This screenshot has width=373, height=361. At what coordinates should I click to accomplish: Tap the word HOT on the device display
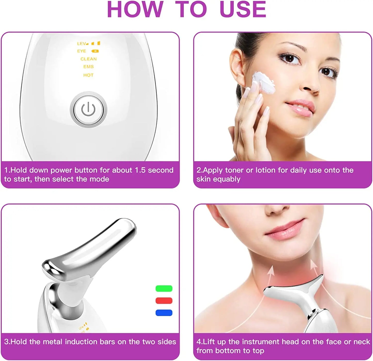pyautogui.click(x=88, y=75)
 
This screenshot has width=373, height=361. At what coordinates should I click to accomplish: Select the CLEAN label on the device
pyautogui.click(x=89, y=59)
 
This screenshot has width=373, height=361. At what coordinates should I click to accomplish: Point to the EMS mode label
pyautogui.click(x=88, y=67)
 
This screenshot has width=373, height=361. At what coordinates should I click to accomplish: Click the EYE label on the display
pyautogui.click(x=82, y=51)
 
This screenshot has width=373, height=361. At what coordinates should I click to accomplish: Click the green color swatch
pyautogui.click(x=164, y=288)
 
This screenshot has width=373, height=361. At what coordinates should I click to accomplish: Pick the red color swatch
pyautogui.click(x=164, y=301)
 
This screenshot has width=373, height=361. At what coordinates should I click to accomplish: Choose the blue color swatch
pyautogui.click(x=164, y=313)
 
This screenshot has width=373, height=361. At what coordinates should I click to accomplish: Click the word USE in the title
pyautogui.click(x=243, y=10)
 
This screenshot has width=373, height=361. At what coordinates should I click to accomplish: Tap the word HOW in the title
pyautogui.click(x=135, y=10)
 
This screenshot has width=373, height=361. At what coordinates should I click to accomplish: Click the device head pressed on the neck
pyautogui.click(x=294, y=290)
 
